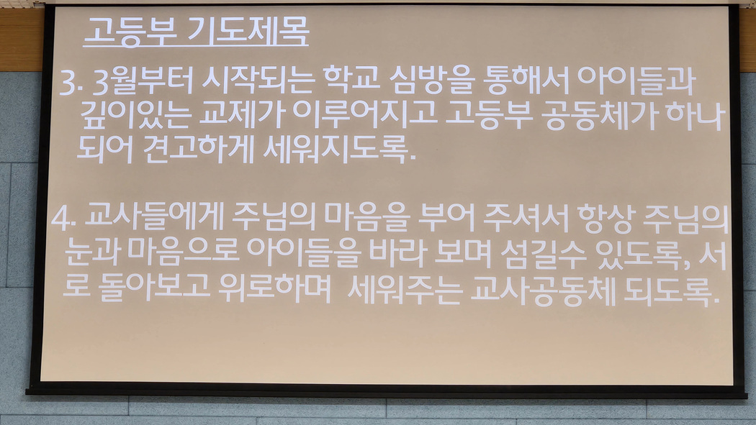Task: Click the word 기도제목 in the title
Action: click(x=248, y=32)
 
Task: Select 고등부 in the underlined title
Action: click(x=130, y=32)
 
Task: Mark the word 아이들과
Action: click(x=636, y=81)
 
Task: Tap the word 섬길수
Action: click(x=544, y=253)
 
